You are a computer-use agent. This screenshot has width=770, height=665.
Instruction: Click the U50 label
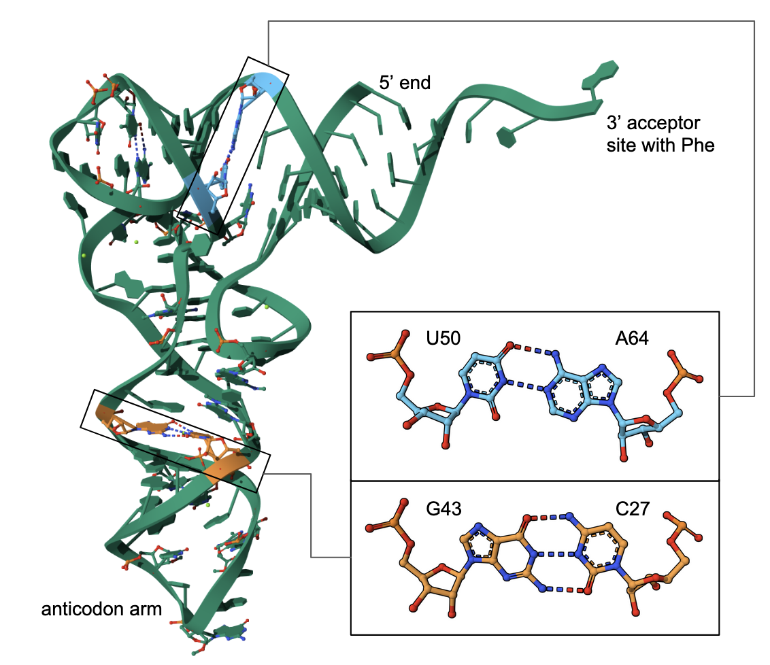pyautogui.click(x=443, y=338)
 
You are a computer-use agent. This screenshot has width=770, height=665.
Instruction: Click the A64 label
pyautogui.click(x=631, y=338)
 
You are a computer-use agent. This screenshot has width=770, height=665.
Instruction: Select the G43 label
pyautogui.click(x=443, y=509)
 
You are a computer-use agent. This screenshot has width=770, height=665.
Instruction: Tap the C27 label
pyautogui.click(x=633, y=509)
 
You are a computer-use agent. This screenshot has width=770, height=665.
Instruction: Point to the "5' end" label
pyautogui.click(x=405, y=82)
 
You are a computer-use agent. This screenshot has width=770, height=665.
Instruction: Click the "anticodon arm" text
pyautogui.click(x=101, y=609)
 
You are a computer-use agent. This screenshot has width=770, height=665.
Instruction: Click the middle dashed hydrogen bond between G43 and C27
pyautogui.click(x=556, y=554)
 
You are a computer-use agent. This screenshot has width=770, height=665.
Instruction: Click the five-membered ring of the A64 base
pyautogui.click(x=603, y=383)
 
